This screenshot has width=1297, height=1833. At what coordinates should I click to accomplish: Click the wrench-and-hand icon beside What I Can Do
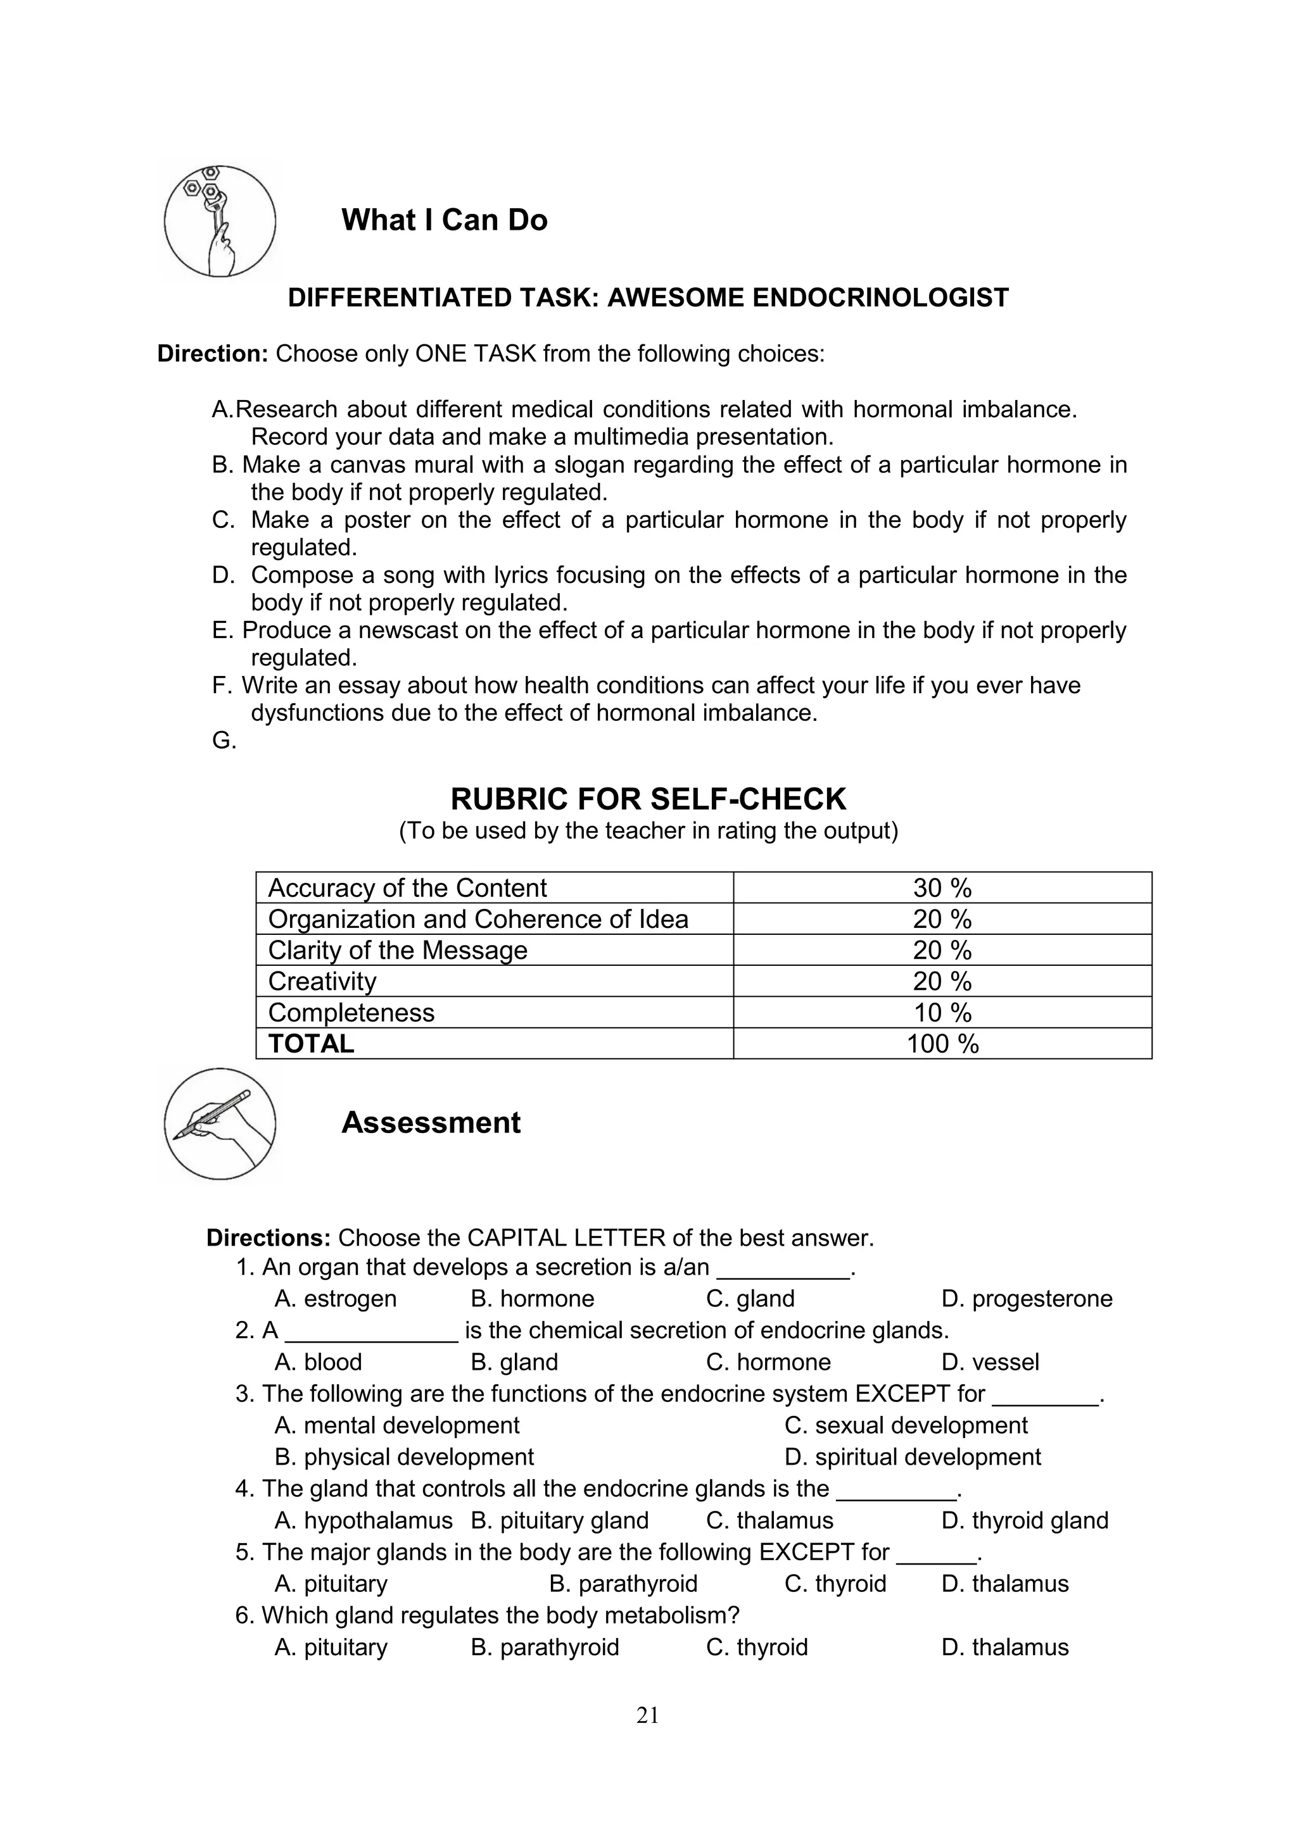click(220, 221)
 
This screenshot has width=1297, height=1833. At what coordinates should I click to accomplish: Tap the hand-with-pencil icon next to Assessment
click(220, 1124)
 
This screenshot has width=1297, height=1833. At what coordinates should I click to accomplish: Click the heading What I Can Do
click(444, 220)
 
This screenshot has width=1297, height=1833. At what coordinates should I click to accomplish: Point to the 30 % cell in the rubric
click(942, 888)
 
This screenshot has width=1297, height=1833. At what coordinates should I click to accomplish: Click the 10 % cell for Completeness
click(942, 1012)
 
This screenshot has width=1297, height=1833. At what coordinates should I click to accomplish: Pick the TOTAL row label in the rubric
click(312, 1044)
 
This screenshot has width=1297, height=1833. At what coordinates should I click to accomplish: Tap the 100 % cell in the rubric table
click(942, 1044)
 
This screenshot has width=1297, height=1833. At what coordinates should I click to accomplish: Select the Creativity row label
click(322, 981)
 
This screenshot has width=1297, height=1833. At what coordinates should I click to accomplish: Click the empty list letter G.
click(224, 741)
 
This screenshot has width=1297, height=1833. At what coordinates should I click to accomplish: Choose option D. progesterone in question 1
click(1026, 1298)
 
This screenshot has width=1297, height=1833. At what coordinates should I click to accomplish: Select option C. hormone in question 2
click(768, 1361)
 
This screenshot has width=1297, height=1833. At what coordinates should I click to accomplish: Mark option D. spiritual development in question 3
click(912, 1456)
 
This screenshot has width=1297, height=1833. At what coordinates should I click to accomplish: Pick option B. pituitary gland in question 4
click(559, 1520)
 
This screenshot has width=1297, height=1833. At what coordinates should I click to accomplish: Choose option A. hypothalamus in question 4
click(363, 1520)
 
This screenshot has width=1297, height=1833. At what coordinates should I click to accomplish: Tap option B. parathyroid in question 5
click(623, 1583)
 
